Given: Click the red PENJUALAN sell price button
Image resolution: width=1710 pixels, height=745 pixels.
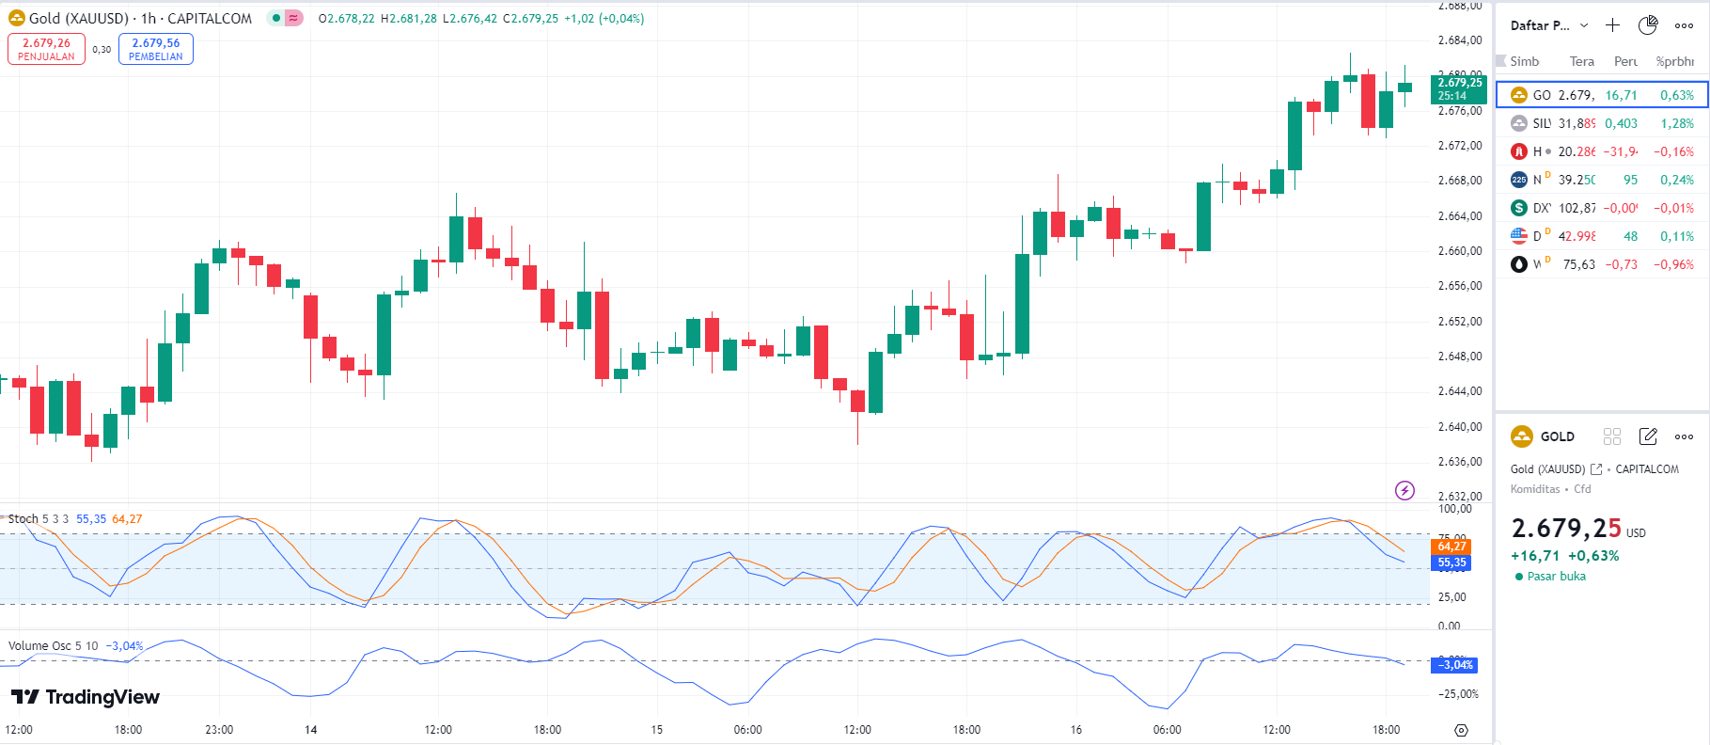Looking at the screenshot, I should [46, 49].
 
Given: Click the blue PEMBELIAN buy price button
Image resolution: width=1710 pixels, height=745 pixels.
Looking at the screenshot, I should [156, 49].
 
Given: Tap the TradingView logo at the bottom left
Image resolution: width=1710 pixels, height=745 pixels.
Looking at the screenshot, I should [86, 697].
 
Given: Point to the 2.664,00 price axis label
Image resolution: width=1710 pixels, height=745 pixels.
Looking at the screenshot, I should [1460, 216].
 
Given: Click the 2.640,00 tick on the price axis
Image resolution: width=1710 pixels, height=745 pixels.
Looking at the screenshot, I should [1460, 427].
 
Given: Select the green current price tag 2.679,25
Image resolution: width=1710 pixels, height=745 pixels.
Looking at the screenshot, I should [1459, 88].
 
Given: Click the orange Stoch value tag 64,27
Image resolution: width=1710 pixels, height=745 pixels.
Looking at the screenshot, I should [1451, 547].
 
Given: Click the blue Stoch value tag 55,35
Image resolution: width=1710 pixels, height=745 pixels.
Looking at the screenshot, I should [1451, 563].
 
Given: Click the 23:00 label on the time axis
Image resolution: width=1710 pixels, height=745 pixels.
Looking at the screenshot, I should [219, 730].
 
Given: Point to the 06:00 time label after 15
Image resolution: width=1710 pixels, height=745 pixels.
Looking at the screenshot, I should [747, 730].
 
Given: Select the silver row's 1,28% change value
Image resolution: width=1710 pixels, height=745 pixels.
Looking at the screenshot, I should [1676, 123].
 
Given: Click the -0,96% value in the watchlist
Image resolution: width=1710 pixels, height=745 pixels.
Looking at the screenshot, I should [1673, 264].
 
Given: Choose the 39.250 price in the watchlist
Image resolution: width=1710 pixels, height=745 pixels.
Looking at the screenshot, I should [1577, 180].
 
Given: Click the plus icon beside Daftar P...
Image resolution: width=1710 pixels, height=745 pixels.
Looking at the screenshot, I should [1612, 25].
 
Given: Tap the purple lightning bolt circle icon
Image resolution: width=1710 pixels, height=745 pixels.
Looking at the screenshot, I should [1404, 490].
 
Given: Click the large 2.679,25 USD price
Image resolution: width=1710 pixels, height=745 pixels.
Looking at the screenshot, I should [1566, 529].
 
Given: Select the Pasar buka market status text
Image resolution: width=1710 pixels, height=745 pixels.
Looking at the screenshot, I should [1556, 577].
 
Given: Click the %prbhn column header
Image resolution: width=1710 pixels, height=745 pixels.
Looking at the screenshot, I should [1674, 61].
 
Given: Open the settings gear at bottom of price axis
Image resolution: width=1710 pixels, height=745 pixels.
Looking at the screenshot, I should [1461, 730].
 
